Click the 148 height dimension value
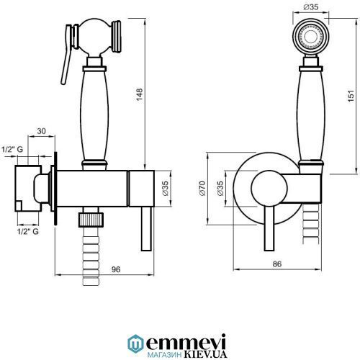tap(140, 94)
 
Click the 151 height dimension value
tap(351, 96)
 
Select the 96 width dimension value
tap(116, 269)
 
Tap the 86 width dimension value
tap(277, 264)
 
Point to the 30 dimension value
tap(42, 131)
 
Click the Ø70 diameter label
tap(202, 189)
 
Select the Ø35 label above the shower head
tap(311, 7)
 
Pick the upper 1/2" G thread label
tap(12, 149)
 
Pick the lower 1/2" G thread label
tap(28, 231)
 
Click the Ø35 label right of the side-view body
tap(166, 189)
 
